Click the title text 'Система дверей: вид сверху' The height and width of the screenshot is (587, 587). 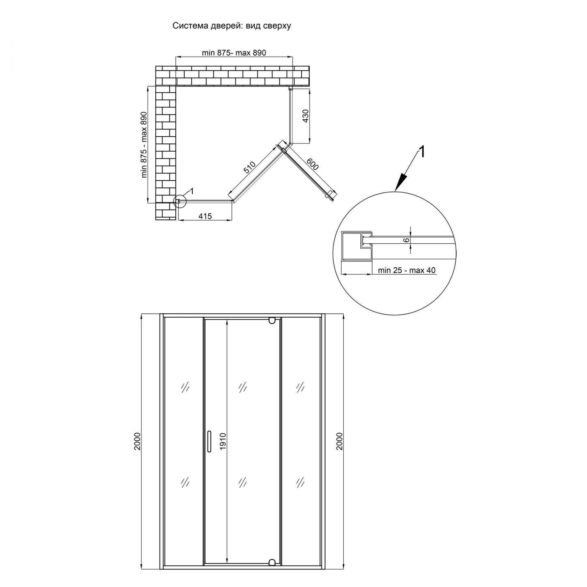pyautogui.click(x=232, y=26)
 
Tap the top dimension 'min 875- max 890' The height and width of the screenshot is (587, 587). pyautogui.click(x=234, y=53)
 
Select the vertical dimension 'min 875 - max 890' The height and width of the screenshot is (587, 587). pyautogui.click(x=144, y=145)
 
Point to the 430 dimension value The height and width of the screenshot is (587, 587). pyautogui.click(x=306, y=116)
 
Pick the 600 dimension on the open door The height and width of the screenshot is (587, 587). pyautogui.click(x=312, y=164)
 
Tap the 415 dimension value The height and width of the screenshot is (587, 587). pyautogui.click(x=205, y=216)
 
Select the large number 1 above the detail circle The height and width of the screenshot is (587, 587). pyautogui.click(x=422, y=152)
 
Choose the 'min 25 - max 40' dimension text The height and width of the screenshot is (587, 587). pyautogui.click(x=406, y=270)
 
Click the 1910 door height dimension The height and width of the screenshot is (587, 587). pyautogui.click(x=223, y=442)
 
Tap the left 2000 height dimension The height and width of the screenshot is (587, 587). pyautogui.click(x=137, y=442)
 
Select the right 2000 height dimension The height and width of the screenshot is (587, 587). pyautogui.click(x=340, y=442)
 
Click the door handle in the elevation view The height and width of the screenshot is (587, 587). pyautogui.click(x=209, y=442)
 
